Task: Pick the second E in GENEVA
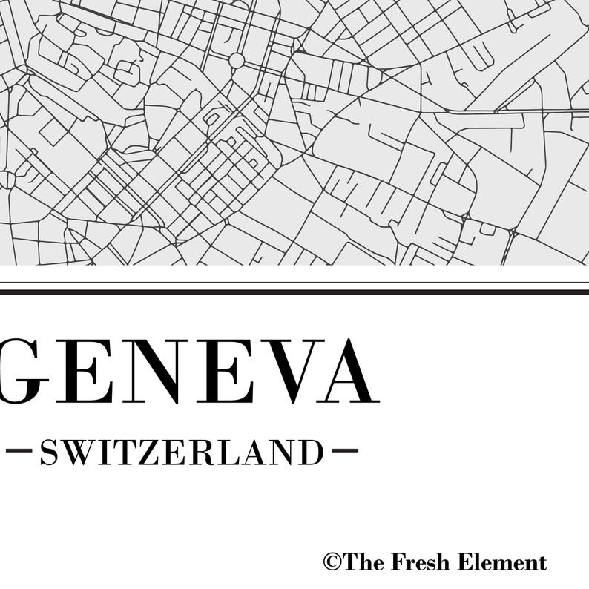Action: tap(223, 372)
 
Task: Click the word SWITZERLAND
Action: tap(182, 452)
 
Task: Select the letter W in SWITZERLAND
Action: tap(80, 452)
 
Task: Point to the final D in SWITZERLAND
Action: tap(311, 452)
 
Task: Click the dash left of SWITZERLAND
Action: tap(18, 450)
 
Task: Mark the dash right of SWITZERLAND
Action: tap(345, 450)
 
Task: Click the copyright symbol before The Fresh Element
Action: tap(331, 562)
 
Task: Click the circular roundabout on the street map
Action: tap(237, 60)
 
